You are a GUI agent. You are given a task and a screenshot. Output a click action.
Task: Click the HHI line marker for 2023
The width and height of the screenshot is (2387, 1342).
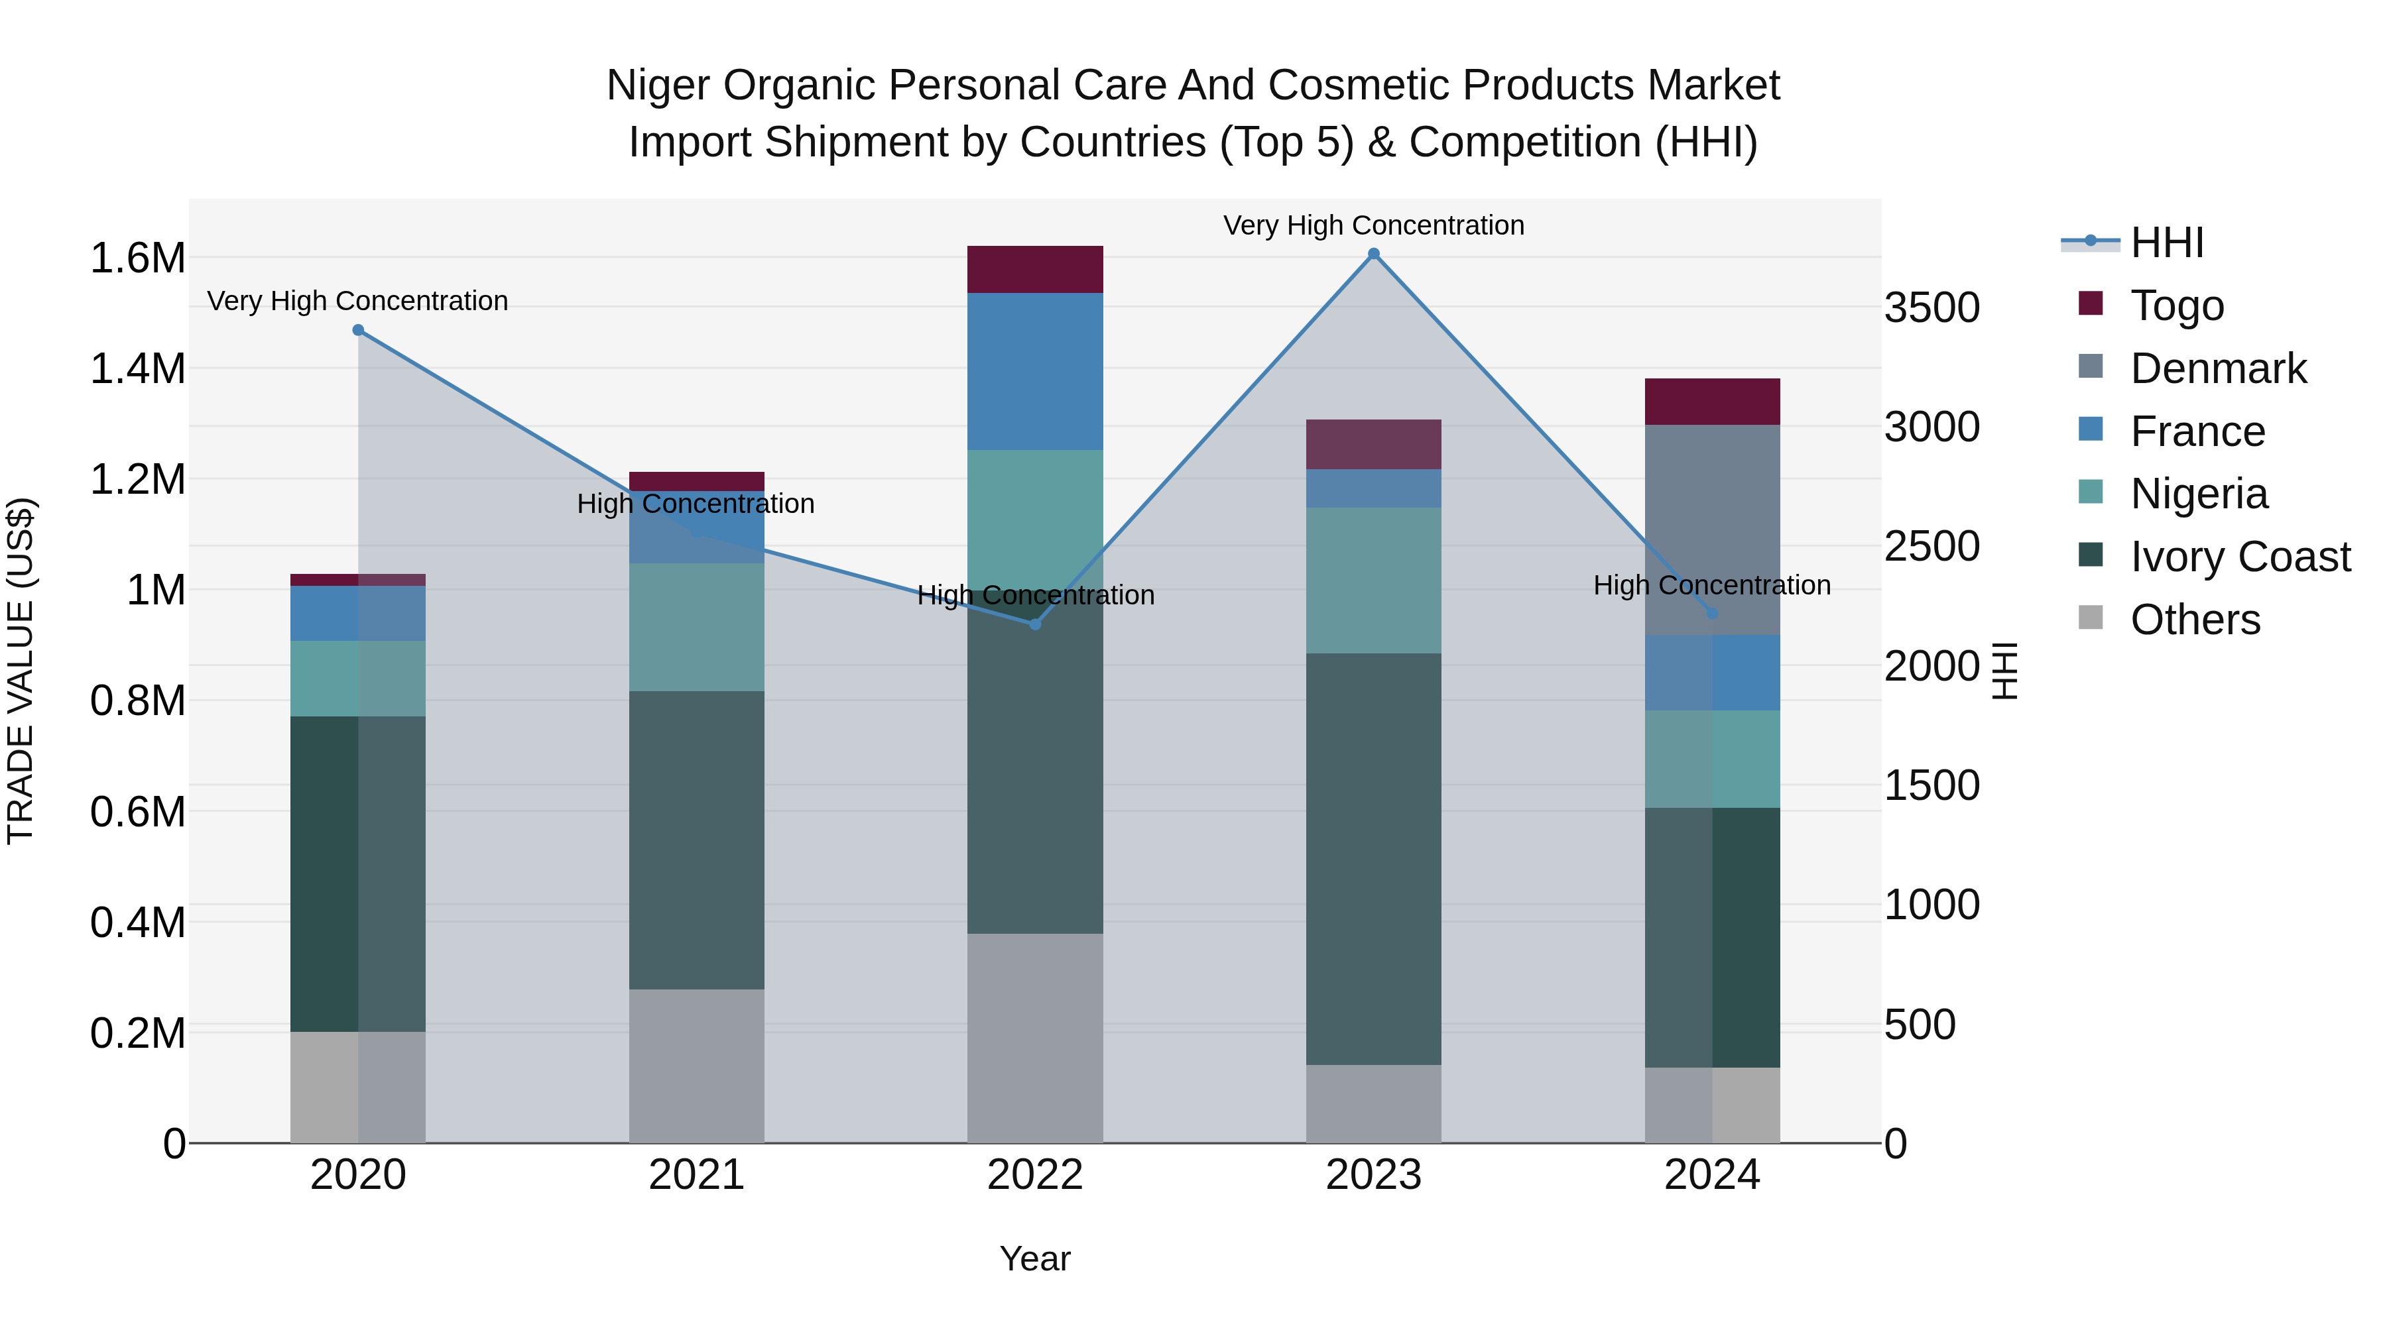[x=1373, y=254]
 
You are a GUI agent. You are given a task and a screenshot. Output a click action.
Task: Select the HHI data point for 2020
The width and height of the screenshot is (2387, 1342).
[x=359, y=330]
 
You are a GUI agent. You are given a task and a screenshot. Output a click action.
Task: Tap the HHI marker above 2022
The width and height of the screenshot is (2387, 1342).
[x=1035, y=624]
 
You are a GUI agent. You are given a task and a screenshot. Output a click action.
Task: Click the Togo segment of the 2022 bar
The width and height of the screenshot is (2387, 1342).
[x=1035, y=270]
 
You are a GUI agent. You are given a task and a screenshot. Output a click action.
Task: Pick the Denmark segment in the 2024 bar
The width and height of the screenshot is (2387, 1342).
[x=1711, y=530]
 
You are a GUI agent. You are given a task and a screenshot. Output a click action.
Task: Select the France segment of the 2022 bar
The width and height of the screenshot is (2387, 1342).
[x=1035, y=371]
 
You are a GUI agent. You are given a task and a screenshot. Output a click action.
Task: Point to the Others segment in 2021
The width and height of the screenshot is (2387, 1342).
[x=697, y=1065]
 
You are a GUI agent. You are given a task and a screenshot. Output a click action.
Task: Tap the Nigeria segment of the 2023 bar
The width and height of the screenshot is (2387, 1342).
[x=1373, y=580]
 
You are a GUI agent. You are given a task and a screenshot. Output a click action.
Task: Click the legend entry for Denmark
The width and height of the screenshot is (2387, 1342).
[x=2217, y=368]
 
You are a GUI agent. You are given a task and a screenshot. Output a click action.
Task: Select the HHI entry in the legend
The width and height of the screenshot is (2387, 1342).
[x=2166, y=243]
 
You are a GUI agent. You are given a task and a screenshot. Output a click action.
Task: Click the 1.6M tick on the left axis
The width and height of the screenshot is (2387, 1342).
[x=137, y=258]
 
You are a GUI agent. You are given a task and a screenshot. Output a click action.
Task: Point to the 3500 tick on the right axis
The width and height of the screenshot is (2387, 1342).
[x=1932, y=308]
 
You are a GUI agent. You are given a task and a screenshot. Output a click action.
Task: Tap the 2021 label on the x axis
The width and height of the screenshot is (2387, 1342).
[x=697, y=1175]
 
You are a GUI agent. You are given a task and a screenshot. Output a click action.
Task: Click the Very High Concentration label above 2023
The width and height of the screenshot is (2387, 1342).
[x=1373, y=225]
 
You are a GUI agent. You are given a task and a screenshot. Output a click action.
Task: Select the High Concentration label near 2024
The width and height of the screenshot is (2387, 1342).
[x=1711, y=585]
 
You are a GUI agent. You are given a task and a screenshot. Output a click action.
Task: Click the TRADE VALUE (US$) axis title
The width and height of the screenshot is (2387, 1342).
[x=21, y=671]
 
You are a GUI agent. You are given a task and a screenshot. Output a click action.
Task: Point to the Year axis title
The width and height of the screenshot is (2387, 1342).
[x=1035, y=1258]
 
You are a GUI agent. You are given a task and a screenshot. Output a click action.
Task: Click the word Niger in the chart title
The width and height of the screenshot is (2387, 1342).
[x=659, y=85]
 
